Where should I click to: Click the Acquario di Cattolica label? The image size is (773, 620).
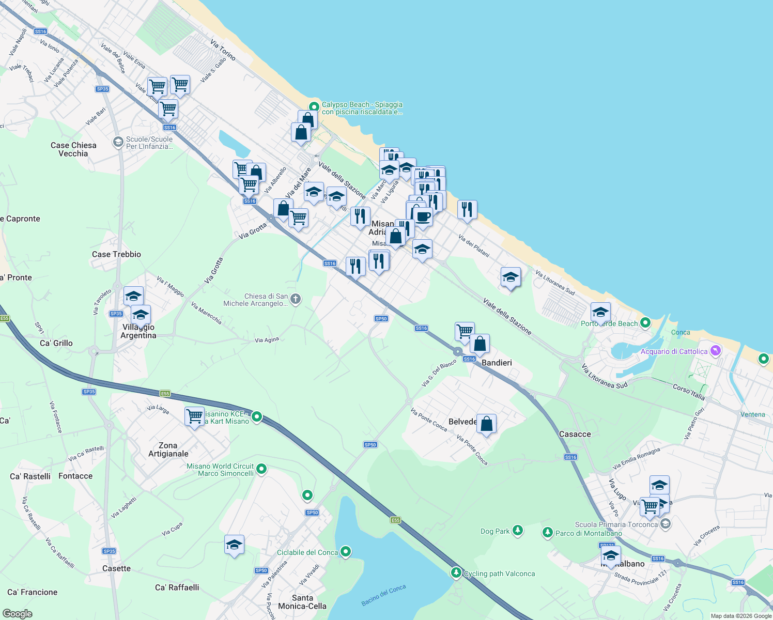(x=674, y=351)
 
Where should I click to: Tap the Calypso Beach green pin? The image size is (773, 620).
(x=313, y=107)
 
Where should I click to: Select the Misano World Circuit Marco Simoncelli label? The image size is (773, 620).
(x=220, y=470)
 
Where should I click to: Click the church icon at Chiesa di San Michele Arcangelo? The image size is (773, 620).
(x=296, y=299)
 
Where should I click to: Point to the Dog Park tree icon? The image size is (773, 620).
(x=517, y=531)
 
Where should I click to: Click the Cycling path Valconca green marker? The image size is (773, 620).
(x=456, y=572)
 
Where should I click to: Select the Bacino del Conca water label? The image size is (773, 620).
(x=383, y=595)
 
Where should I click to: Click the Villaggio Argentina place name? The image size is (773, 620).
(x=138, y=331)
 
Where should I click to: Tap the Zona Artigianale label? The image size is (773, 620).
(x=168, y=450)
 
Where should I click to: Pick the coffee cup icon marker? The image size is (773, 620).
(x=423, y=216)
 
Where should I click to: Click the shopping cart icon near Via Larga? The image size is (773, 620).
(x=195, y=416)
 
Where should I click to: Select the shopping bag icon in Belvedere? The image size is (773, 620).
(x=486, y=424)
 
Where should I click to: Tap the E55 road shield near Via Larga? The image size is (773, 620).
(x=165, y=394)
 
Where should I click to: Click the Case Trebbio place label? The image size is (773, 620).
(x=116, y=254)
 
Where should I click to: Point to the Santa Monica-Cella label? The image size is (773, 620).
(x=302, y=602)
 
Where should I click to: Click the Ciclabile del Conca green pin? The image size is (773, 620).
(x=346, y=552)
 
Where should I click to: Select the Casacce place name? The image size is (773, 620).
(x=575, y=434)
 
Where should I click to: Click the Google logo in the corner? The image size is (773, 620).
(x=18, y=614)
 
